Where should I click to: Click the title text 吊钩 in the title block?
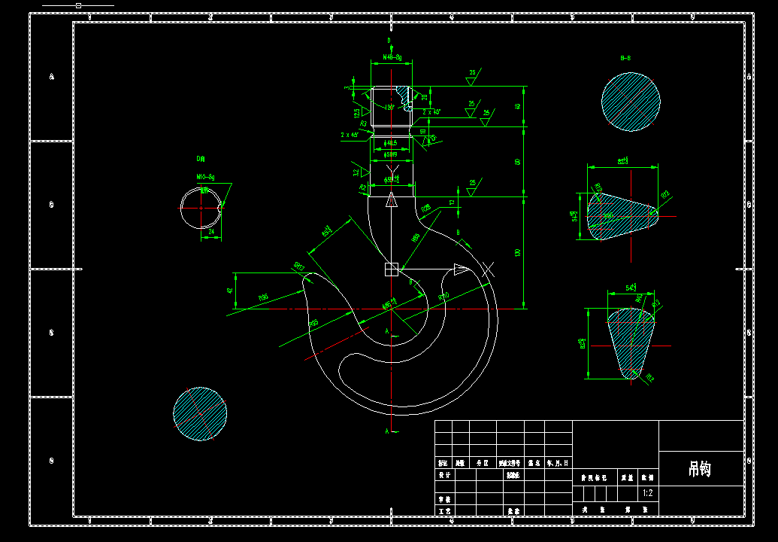pyautogui.click(x=699, y=470)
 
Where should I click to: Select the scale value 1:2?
pyautogui.click(x=647, y=494)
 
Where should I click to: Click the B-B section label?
pyautogui.click(x=625, y=58)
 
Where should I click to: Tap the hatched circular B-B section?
pyautogui.click(x=631, y=102)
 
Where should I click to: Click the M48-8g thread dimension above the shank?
pyautogui.click(x=392, y=57)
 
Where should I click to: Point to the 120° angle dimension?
pyautogui.click(x=390, y=107)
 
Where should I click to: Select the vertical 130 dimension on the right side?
pyautogui.click(x=517, y=253)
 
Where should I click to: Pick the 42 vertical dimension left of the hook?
pyautogui.click(x=230, y=291)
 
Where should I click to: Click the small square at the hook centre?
pyautogui.click(x=391, y=269)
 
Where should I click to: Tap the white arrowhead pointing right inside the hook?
pyautogui.click(x=461, y=269)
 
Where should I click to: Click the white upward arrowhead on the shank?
pyautogui.click(x=391, y=199)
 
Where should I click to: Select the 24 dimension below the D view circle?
pyautogui.click(x=211, y=233)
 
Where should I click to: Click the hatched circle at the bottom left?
pyautogui.click(x=200, y=413)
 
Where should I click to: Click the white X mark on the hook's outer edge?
pyautogui.click(x=489, y=267)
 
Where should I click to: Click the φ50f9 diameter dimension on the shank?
pyautogui.click(x=392, y=154)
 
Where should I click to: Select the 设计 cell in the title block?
pyautogui.click(x=444, y=475)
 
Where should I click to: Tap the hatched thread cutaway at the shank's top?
pyautogui.click(x=407, y=94)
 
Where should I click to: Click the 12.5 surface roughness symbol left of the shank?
pyautogui.click(x=357, y=112)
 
